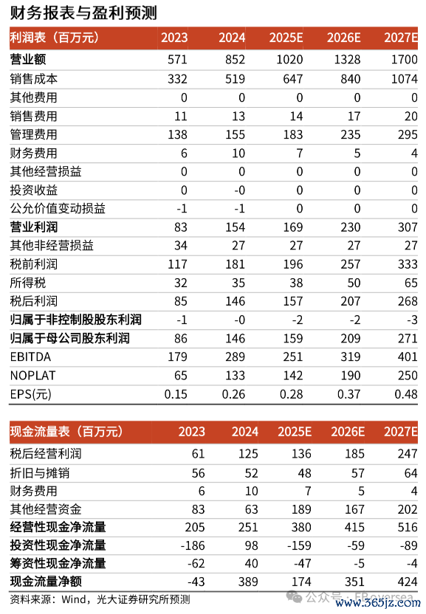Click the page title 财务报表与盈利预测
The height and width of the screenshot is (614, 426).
click(83, 13)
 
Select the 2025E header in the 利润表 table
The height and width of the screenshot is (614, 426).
click(286, 38)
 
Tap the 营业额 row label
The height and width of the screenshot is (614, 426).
click(28, 60)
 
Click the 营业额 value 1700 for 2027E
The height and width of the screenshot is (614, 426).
click(404, 60)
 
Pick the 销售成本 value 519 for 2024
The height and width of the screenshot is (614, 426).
click(235, 79)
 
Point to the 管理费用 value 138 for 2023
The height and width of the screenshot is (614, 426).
click(177, 135)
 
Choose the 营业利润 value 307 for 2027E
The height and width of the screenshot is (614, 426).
click(408, 227)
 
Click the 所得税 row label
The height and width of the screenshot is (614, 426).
click(28, 283)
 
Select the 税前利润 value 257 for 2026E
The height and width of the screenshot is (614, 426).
click(351, 264)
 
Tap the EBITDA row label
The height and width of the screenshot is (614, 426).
click(30, 356)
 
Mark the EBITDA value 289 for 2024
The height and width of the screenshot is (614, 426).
click(235, 356)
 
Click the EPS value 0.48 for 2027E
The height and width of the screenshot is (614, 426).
click(405, 394)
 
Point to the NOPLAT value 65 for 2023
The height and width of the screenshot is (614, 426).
click(180, 376)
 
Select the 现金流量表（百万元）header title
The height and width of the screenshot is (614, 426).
click(66, 432)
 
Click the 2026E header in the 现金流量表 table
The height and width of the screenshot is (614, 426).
click(348, 432)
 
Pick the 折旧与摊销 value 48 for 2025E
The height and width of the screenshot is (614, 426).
click(304, 473)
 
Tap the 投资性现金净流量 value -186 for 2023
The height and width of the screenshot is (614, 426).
click(193, 545)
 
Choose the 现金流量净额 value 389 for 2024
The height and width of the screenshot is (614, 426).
click(248, 582)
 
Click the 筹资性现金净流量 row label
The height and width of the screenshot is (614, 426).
click(58, 564)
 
